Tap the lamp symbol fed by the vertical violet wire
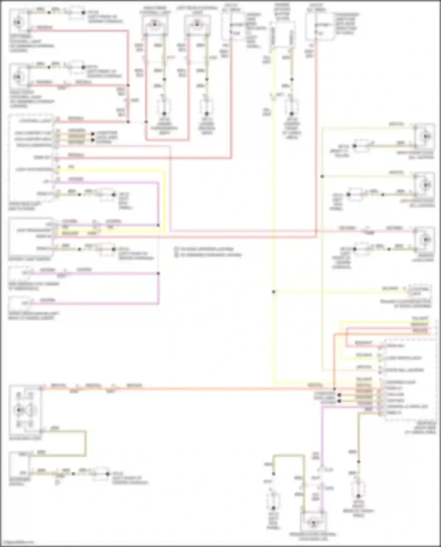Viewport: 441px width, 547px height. pyautogui.click(x=313, y=523)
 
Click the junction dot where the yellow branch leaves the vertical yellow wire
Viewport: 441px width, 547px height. pyautogui.click(x=274, y=292)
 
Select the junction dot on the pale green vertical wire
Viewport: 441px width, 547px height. pyautogui.click(x=322, y=176)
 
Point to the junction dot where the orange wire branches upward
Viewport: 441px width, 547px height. pyautogui.click(x=334, y=389)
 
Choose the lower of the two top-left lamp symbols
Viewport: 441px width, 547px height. pyautogui.click(x=19, y=77)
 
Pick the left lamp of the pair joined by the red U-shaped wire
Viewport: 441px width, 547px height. pyautogui.click(x=155, y=24)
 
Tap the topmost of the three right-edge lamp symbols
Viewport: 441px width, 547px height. pyautogui.click(x=425, y=136)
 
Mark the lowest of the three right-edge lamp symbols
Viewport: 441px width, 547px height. pyautogui.click(x=425, y=240)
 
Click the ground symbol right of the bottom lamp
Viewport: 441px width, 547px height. pyautogui.click(x=358, y=488)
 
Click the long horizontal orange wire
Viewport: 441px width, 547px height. pyautogui.click(x=206, y=389)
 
